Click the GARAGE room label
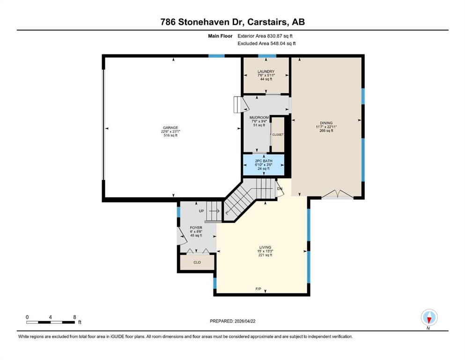(170, 127)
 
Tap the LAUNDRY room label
(266, 72)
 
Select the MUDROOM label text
(259, 118)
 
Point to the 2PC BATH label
(264, 161)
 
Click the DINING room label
(326, 123)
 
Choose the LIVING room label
(265, 247)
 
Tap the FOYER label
(196, 228)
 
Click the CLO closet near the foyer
(197, 262)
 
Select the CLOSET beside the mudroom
(278, 135)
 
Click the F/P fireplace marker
(258, 289)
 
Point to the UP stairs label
(201, 211)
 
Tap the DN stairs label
(280, 189)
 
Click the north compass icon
(429, 317)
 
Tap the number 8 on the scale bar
(75, 317)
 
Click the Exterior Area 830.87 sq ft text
(265, 36)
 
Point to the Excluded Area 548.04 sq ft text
(266, 43)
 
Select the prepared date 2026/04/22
(245, 321)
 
